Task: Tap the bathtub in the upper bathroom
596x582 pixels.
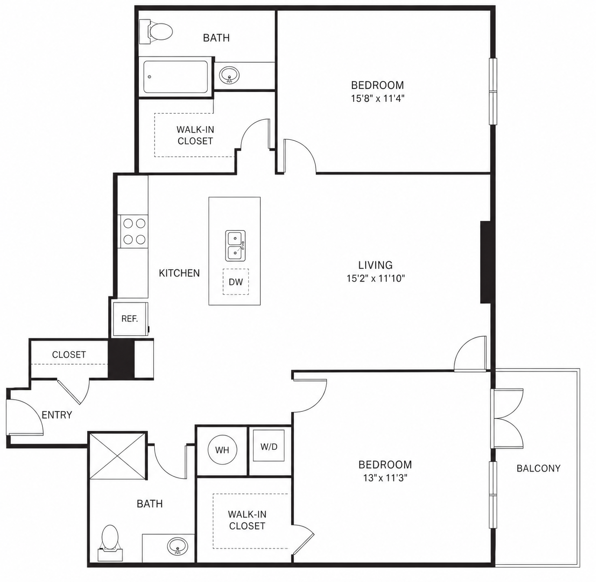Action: [x=175, y=77]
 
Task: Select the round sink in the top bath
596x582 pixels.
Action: [x=230, y=75]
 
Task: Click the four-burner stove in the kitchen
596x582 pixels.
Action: [x=134, y=231]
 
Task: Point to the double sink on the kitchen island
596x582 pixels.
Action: [x=235, y=246]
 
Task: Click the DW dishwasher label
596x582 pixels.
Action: [x=236, y=282]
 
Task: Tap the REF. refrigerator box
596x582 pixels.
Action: [x=130, y=319]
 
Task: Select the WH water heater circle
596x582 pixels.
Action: [x=222, y=450]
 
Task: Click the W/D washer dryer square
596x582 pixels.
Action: [x=269, y=446]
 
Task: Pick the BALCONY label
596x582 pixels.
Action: [x=538, y=469]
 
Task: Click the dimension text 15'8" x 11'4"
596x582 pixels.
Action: [x=378, y=99]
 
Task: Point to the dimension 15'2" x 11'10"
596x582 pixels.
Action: [x=376, y=278]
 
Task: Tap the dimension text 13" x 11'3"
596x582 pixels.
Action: [x=385, y=478]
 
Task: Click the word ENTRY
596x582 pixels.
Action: [x=57, y=415]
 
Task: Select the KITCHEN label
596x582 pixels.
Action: [x=179, y=273]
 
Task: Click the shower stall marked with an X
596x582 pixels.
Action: [x=118, y=455]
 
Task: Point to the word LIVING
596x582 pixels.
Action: [x=376, y=265]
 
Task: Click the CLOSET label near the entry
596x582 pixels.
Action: [x=69, y=355]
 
